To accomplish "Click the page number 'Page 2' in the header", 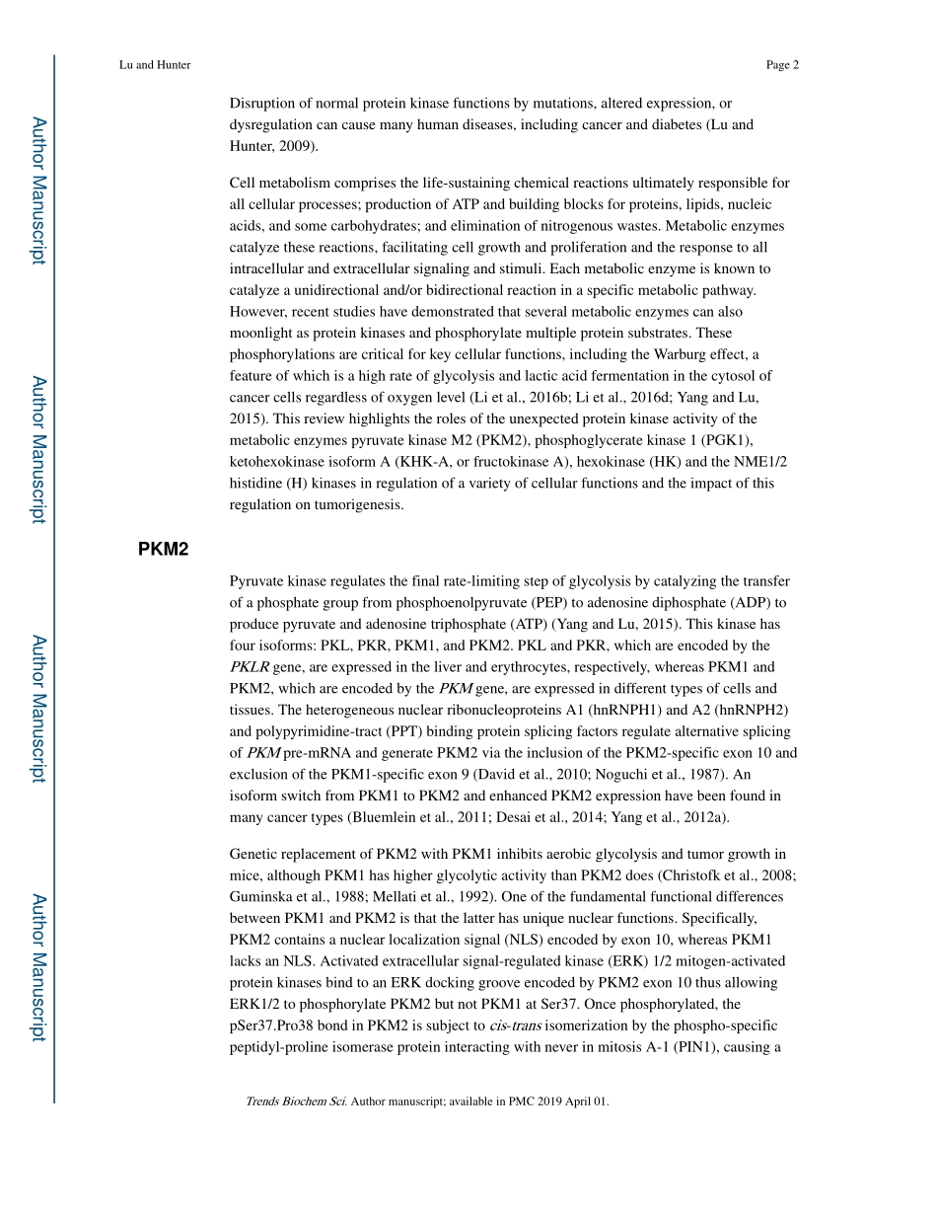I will tap(781, 65).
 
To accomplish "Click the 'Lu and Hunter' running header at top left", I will tap(155, 65).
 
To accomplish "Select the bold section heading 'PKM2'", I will tap(163, 550).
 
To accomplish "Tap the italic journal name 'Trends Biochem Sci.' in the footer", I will tap(296, 1101).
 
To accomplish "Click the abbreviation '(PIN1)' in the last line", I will tap(699, 1046).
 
